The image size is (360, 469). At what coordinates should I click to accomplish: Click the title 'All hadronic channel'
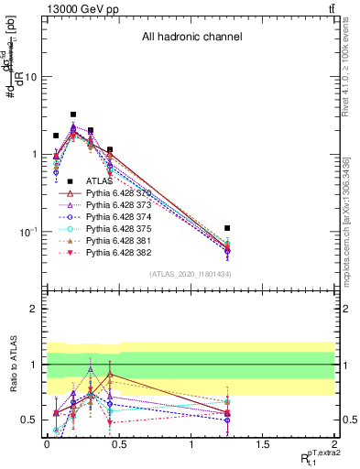(x=191, y=38)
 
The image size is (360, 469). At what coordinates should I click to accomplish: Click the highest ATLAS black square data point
(x=73, y=115)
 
